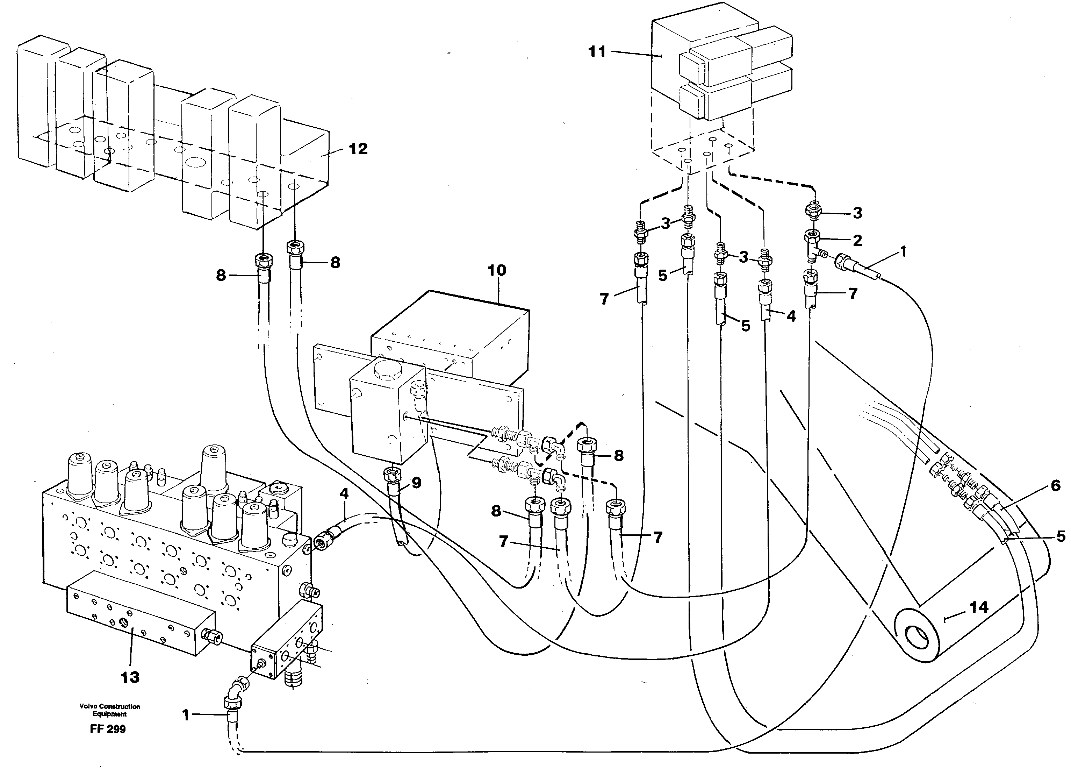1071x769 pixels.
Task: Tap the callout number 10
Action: pyautogui.click(x=497, y=271)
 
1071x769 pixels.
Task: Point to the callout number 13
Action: pyautogui.click(x=130, y=677)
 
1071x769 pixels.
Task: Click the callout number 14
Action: pyautogui.click(x=978, y=607)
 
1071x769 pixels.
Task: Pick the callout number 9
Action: pyautogui.click(x=416, y=483)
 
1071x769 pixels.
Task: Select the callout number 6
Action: pyautogui.click(x=1055, y=486)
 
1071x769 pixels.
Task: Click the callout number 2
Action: pyautogui.click(x=857, y=241)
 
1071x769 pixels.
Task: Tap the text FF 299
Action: pyautogui.click(x=108, y=729)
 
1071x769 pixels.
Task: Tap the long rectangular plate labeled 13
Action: pyautogui.click(x=141, y=614)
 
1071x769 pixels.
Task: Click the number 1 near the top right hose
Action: pyautogui.click(x=903, y=252)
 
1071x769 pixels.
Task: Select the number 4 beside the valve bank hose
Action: pyautogui.click(x=344, y=494)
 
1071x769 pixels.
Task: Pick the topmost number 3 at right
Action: pyautogui.click(x=857, y=213)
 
